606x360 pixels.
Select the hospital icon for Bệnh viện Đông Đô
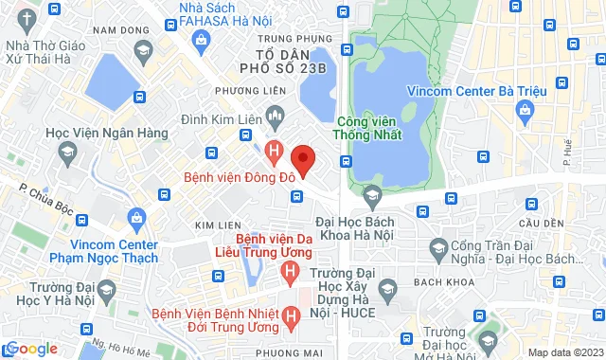275,150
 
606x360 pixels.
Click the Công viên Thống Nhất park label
369,127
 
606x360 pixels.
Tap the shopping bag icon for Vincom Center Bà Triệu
526,112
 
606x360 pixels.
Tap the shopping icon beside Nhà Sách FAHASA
202,39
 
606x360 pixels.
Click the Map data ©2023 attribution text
564,352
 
